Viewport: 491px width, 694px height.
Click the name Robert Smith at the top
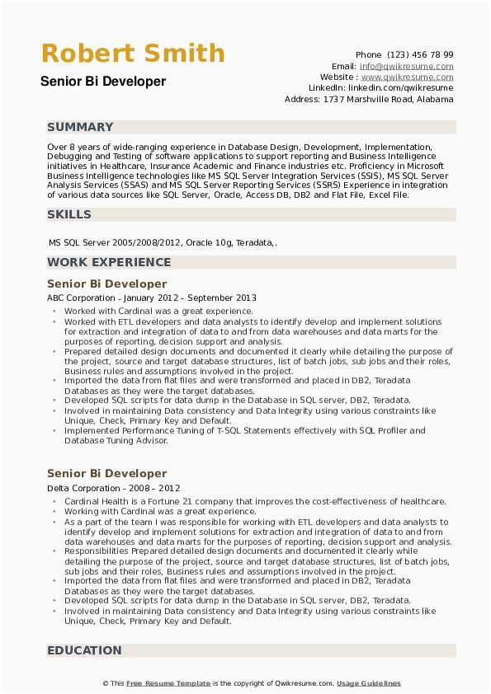[133, 54]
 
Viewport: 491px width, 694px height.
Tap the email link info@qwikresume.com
[406, 66]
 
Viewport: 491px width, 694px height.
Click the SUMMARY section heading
[80, 127]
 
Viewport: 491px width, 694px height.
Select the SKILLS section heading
[69, 214]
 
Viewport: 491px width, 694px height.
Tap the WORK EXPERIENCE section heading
[109, 262]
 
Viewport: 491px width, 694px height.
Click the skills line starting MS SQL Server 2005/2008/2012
[163, 243]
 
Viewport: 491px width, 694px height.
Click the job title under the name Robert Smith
[103, 82]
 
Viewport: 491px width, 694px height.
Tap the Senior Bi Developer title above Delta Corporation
[106, 473]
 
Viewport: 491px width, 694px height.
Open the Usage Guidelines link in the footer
[369, 683]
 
